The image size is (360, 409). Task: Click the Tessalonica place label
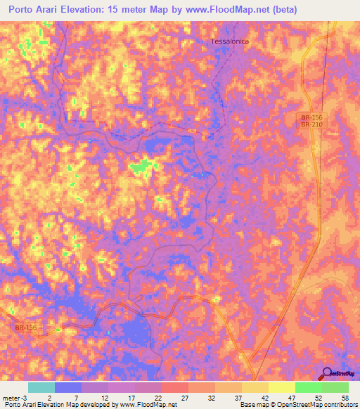230,41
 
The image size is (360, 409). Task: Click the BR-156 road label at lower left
25,327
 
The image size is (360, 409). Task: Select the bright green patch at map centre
143,166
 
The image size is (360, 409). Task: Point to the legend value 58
345,397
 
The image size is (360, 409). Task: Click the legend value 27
184,397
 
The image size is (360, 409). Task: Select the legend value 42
264,397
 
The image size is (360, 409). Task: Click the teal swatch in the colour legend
41,387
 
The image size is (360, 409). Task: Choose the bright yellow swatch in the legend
282,387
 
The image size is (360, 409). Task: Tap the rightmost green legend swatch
335,387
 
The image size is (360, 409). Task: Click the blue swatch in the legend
68,387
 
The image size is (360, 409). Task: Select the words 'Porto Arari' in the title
40,9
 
